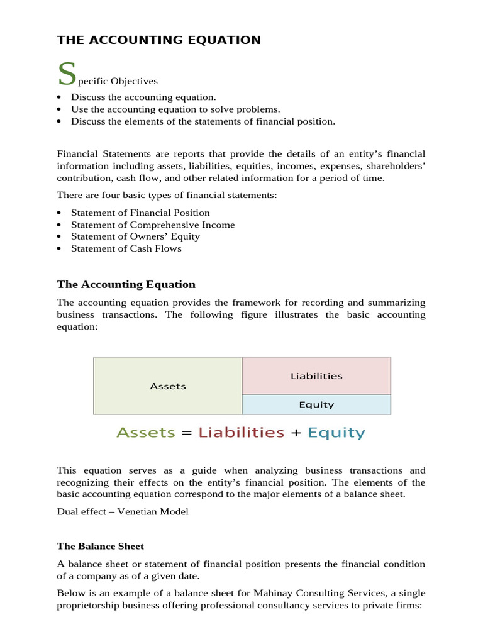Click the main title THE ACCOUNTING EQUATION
[x=158, y=40]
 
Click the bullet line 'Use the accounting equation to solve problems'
[x=175, y=109]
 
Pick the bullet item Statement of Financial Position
[x=140, y=213]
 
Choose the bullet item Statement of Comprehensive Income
[x=153, y=225]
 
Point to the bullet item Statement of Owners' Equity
[x=135, y=236]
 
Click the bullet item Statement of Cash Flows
[x=126, y=248]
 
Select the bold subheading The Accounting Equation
[x=126, y=284]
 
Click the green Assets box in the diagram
[x=168, y=386]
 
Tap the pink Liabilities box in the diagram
[x=316, y=376]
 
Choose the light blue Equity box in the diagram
[x=316, y=405]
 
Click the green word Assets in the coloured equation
[x=146, y=433]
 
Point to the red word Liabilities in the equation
[x=241, y=433]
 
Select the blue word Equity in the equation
[x=336, y=433]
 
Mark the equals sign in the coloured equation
[x=187, y=433]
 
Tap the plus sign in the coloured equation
[x=296, y=433]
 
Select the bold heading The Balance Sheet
[x=101, y=546]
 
